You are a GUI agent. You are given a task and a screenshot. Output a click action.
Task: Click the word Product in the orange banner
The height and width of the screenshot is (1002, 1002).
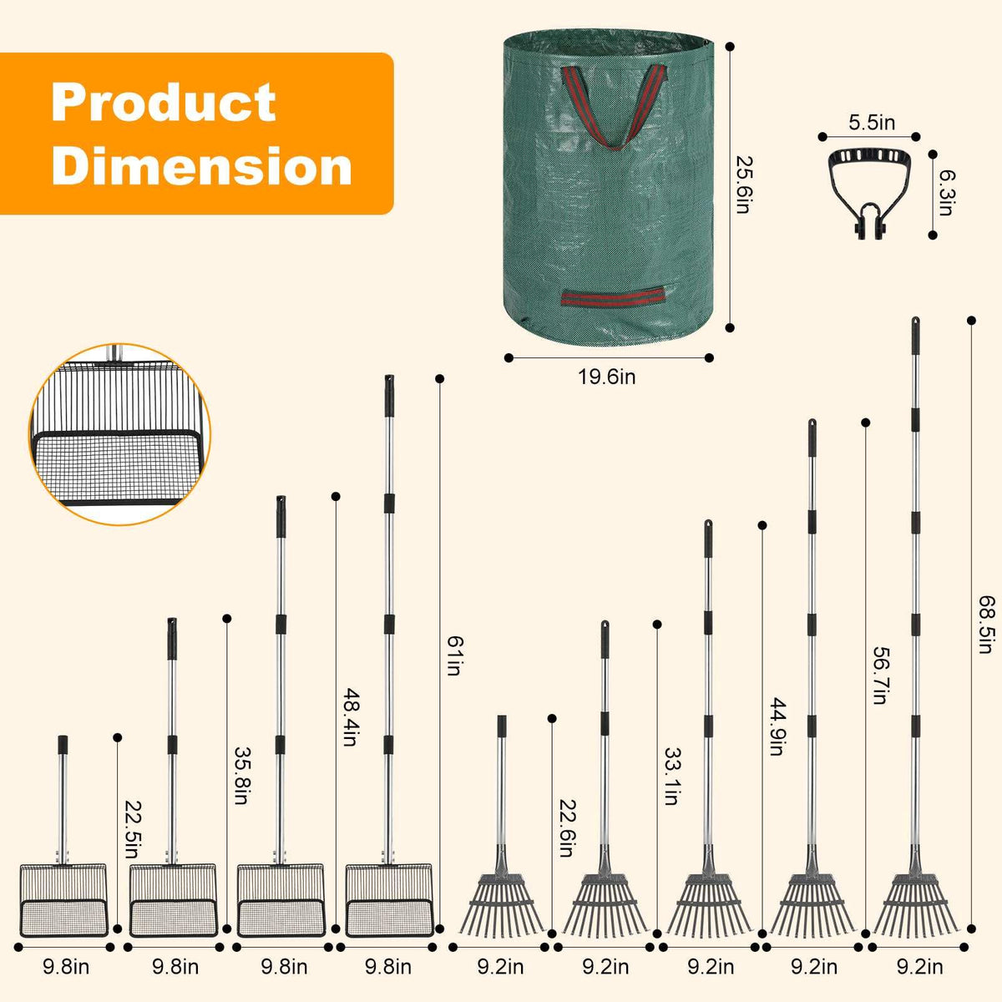[164, 103]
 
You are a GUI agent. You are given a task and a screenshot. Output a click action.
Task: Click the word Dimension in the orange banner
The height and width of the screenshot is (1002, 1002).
[202, 165]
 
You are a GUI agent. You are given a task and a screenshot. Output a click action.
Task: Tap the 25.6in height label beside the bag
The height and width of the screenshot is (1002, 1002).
[742, 185]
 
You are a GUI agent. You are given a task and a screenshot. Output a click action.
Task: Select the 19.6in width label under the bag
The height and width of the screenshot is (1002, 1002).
[607, 377]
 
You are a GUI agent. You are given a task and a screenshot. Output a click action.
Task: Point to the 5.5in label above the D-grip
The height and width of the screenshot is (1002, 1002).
[872, 122]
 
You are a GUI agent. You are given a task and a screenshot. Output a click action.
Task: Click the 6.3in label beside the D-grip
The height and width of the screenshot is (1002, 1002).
[945, 193]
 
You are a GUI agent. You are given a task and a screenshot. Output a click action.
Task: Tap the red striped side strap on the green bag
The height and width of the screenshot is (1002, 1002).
[613, 298]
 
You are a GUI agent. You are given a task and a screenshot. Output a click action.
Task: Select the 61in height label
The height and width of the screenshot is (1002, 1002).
[454, 655]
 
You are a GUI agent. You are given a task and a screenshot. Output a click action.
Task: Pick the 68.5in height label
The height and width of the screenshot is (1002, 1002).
[986, 624]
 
